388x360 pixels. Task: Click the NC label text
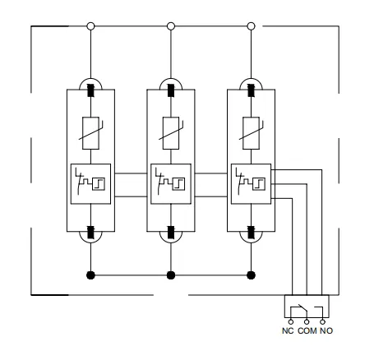tap(288, 330)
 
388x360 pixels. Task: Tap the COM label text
tap(307, 330)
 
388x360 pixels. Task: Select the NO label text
tap(326, 330)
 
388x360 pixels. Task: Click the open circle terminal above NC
tap(291, 321)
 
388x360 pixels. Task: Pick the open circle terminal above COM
tap(307, 321)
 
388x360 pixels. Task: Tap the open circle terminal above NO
tap(322, 321)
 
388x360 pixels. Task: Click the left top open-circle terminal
tap(90, 26)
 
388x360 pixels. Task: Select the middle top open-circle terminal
tap(171, 26)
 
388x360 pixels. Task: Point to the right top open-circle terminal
tap(251, 26)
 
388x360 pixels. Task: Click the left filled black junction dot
tap(90, 275)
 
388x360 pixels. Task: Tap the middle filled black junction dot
tap(171, 275)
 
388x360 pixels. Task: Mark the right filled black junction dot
tap(251, 275)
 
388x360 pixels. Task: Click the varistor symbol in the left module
tap(90, 133)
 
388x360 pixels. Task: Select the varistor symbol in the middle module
tap(171, 133)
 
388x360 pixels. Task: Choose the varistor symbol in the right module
tap(251, 133)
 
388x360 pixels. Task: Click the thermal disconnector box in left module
tap(90, 184)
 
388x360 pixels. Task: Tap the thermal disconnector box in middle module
tap(171, 184)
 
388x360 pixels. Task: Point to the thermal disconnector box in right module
tap(251, 184)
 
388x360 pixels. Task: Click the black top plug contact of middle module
tap(171, 90)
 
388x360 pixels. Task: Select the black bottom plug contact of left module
tap(90, 233)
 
